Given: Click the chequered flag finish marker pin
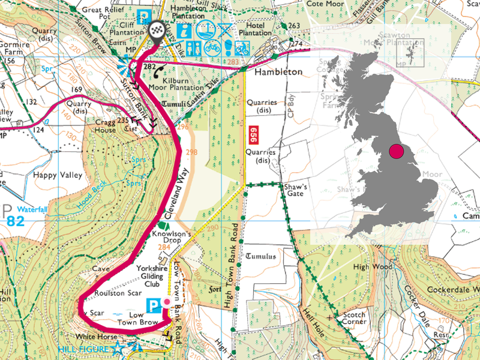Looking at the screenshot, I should coord(157,31).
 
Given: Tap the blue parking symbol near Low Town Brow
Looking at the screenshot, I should coord(153,305).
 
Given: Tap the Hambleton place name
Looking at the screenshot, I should coord(278,71).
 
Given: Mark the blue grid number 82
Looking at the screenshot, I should coord(16,221).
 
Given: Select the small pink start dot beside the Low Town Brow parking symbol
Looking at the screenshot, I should coord(166,301).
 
